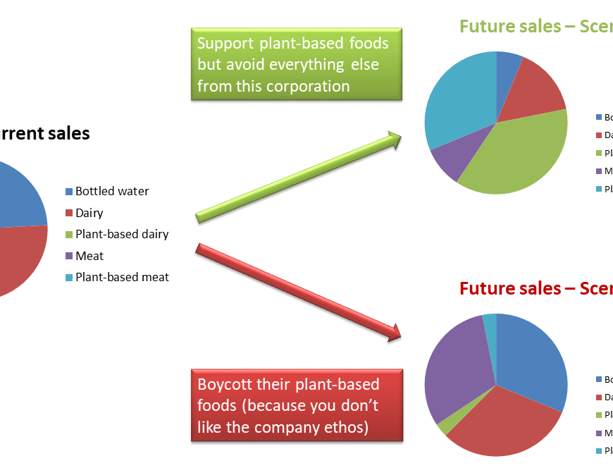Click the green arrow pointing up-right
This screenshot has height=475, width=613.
click(x=296, y=178)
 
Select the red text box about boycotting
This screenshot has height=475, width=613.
click(x=296, y=406)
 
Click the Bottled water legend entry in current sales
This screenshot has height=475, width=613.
click(x=111, y=191)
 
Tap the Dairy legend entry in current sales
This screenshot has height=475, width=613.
click(x=89, y=213)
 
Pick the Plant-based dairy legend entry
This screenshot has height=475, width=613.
click(x=121, y=234)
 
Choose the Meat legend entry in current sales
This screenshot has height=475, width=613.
click(x=89, y=256)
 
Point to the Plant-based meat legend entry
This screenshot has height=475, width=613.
click(x=121, y=277)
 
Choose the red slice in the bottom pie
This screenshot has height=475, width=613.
click(x=504, y=423)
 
